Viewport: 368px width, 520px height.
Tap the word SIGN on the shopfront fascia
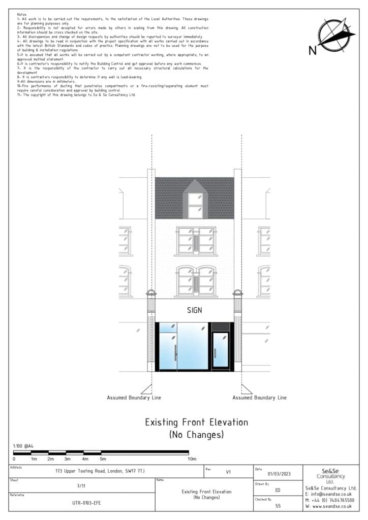195,310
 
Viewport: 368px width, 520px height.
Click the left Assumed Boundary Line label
134,398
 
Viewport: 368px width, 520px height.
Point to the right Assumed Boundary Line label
259,398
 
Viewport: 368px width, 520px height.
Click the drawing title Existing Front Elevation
196,422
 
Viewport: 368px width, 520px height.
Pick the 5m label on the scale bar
103,459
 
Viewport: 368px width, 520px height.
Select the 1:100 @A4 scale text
24,446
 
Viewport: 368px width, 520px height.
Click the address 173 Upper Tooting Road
100,471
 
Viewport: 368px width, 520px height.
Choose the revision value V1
228,472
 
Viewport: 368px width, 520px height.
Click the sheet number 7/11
81,486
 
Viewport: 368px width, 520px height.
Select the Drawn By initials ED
278,490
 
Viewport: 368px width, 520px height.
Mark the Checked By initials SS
278,506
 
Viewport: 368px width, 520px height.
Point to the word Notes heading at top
22,15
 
